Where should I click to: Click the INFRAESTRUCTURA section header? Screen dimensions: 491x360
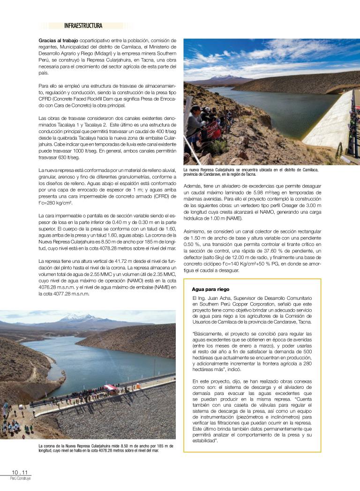(x=83, y=26)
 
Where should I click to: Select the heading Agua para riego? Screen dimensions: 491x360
(x=210, y=289)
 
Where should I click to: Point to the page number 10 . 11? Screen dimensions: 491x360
(x=20, y=472)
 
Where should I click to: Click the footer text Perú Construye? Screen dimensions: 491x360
(x=20, y=478)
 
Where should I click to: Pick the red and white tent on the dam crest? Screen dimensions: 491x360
(x=111, y=388)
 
